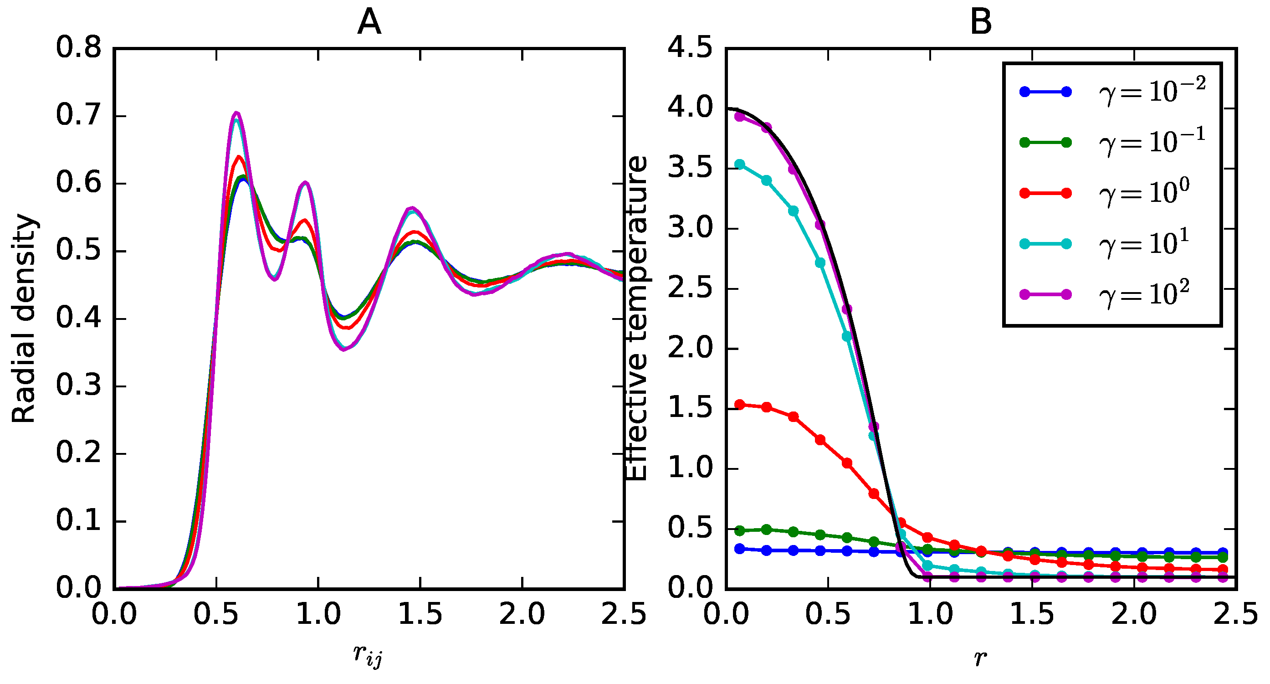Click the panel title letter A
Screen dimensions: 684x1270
[x=369, y=23]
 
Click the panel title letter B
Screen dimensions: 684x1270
[x=980, y=23]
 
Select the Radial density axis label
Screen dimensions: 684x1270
[x=24, y=319]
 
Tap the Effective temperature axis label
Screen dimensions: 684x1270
[x=636, y=319]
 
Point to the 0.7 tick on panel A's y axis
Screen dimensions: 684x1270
[x=78, y=115]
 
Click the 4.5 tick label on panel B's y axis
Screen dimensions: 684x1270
[x=690, y=48]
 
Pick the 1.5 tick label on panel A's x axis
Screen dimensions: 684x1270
[x=420, y=615]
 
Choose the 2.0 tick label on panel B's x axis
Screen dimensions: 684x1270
[x=1134, y=615]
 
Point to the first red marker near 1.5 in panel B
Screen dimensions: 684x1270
[x=739, y=404]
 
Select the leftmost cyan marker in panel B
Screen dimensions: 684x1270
[x=739, y=164]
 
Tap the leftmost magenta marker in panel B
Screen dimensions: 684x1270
[x=739, y=117]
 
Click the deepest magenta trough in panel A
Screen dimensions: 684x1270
[x=343, y=349]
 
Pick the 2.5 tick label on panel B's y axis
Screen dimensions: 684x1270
[x=690, y=288]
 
